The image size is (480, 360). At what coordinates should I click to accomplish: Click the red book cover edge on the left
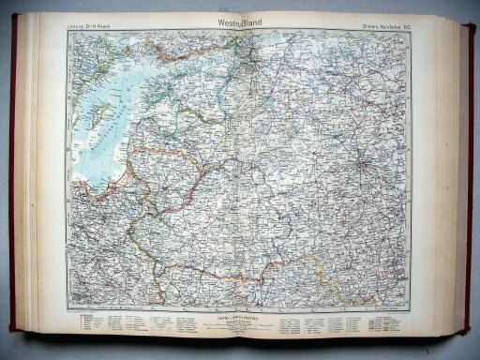coord(13,187)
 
